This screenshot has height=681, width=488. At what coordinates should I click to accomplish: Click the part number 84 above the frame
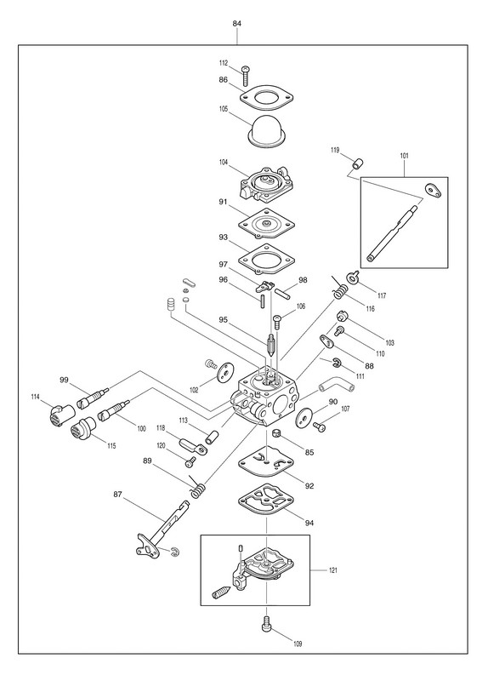[237, 24]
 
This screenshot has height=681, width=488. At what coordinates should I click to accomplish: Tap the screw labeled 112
[246, 76]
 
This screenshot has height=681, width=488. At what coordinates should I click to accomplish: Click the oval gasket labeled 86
[266, 97]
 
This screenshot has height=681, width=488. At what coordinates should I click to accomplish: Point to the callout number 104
[223, 162]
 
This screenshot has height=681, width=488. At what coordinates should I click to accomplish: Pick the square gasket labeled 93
[266, 260]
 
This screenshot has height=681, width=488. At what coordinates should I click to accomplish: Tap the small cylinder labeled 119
[357, 164]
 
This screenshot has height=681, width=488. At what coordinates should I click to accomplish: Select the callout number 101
[404, 156]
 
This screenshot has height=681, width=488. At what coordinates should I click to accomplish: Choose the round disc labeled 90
[304, 416]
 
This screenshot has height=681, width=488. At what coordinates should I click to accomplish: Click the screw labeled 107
[320, 426]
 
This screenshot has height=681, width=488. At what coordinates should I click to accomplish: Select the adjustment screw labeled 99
[93, 397]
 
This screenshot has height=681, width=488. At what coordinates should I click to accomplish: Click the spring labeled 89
[198, 486]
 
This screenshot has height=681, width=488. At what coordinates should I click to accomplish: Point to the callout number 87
[117, 495]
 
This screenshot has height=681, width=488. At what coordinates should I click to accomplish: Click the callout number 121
[332, 570]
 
